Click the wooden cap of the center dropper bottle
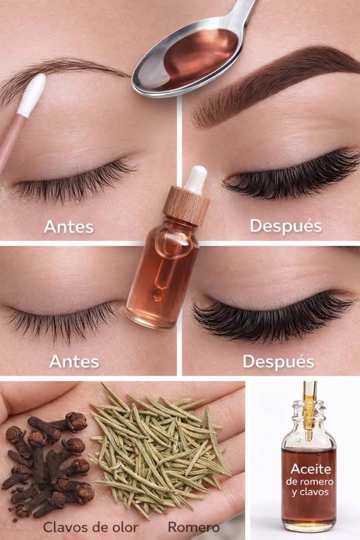[x=187, y=206]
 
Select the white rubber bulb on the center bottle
[x=196, y=179]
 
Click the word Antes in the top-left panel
[x=69, y=225]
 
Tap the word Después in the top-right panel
[x=285, y=225]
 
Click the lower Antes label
[x=74, y=361]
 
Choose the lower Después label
[x=278, y=361]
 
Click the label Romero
[x=194, y=526]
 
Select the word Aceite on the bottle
[x=310, y=469]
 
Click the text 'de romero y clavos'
[x=310, y=487]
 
